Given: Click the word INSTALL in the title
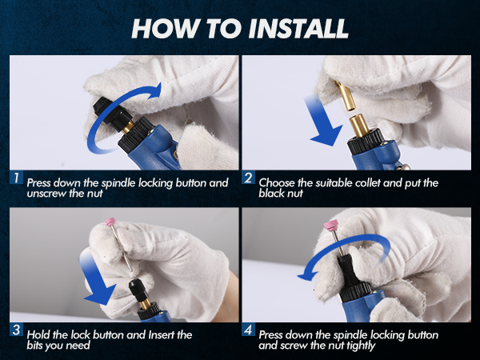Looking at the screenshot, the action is (x=298, y=29).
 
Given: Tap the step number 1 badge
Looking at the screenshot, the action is (x=16, y=178).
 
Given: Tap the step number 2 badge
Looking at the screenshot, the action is (x=248, y=178).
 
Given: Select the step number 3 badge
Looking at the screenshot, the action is (x=16, y=330).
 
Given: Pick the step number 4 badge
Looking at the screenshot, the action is (x=248, y=330).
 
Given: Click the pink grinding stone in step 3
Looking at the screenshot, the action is (x=110, y=222).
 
